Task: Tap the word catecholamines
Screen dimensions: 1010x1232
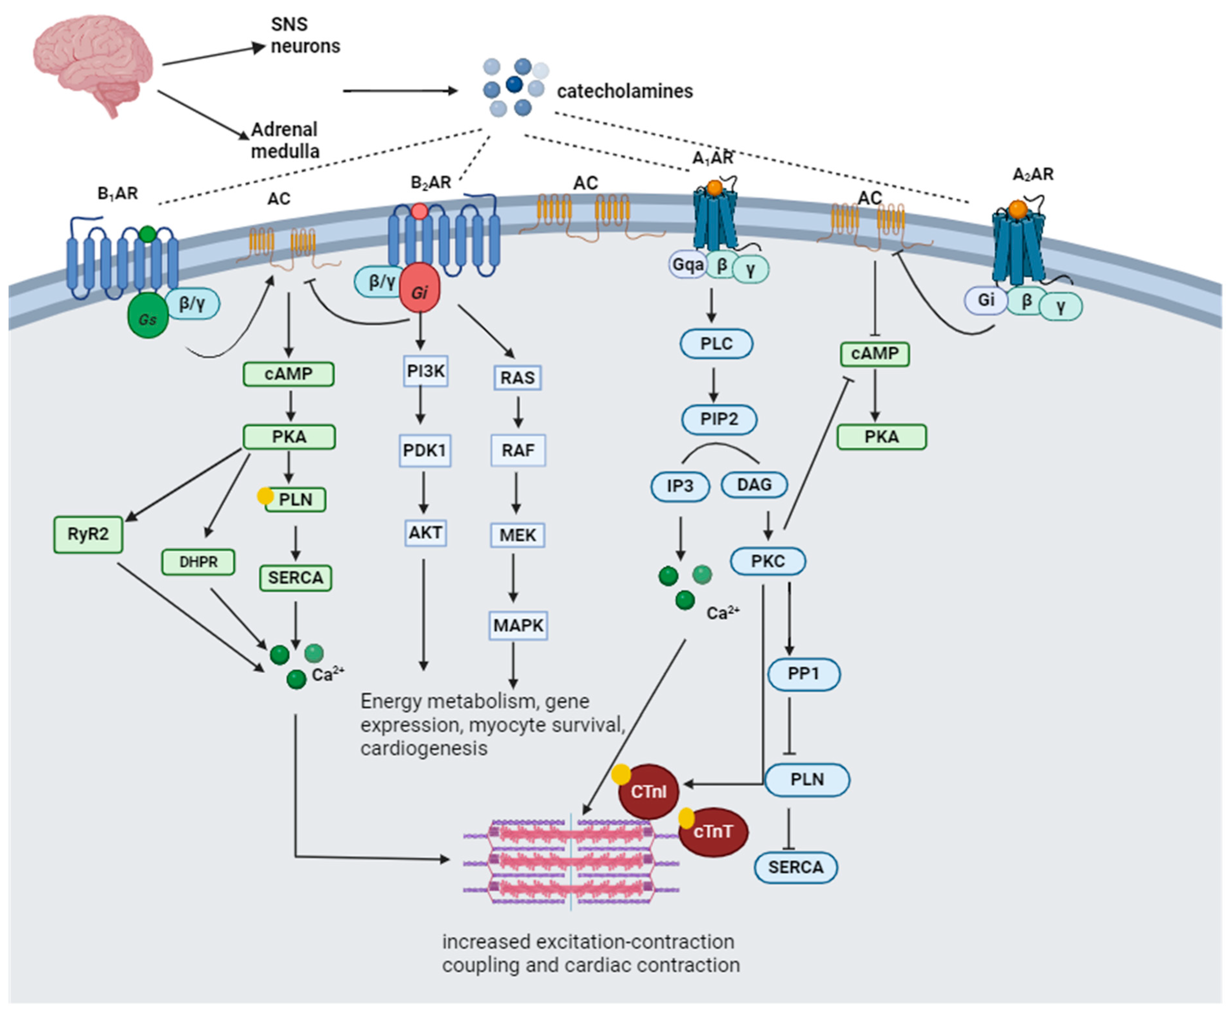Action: (625, 91)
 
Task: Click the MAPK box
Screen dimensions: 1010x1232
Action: (518, 625)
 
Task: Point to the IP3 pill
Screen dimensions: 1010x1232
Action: (680, 486)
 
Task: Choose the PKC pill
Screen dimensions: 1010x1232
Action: (768, 562)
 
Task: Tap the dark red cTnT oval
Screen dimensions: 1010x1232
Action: (713, 832)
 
